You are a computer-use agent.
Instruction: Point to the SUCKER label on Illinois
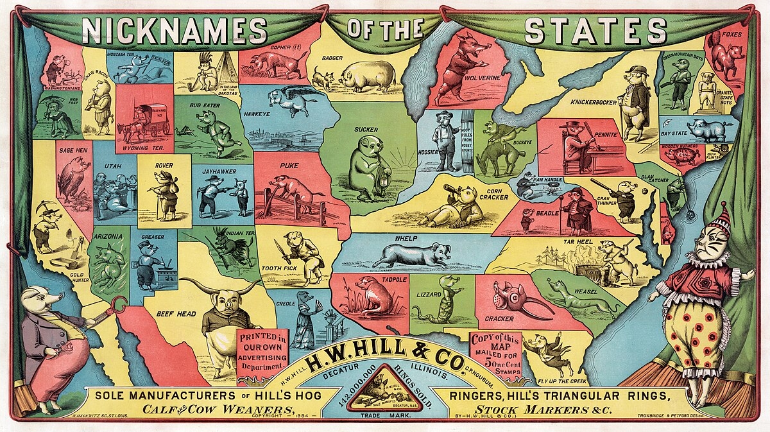coord(366,129)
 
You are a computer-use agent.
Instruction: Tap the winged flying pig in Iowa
coord(290,99)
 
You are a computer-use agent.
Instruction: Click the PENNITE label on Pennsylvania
coord(605,135)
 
